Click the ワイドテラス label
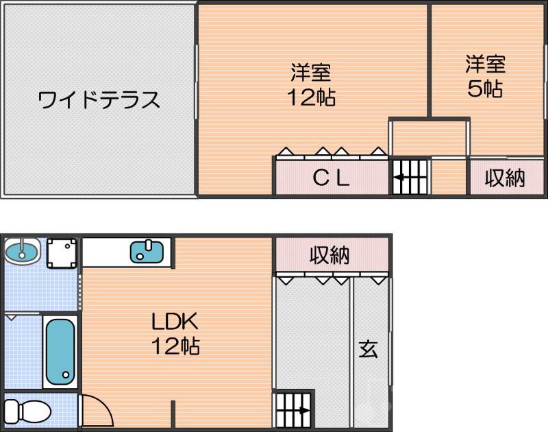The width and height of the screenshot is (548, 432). click(99, 100)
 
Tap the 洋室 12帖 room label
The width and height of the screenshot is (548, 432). click(311, 84)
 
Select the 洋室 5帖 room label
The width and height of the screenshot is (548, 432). click(485, 76)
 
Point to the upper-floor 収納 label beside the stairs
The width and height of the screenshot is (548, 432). click(505, 178)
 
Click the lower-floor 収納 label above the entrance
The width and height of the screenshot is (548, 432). click(329, 256)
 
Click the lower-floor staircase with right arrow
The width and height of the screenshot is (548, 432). click(293, 411)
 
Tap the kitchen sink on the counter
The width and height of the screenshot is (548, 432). click(147, 251)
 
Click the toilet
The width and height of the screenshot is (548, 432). click(31, 411)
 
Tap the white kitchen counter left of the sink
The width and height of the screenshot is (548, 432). click(106, 252)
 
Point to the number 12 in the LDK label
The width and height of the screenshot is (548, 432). click(164, 346)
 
